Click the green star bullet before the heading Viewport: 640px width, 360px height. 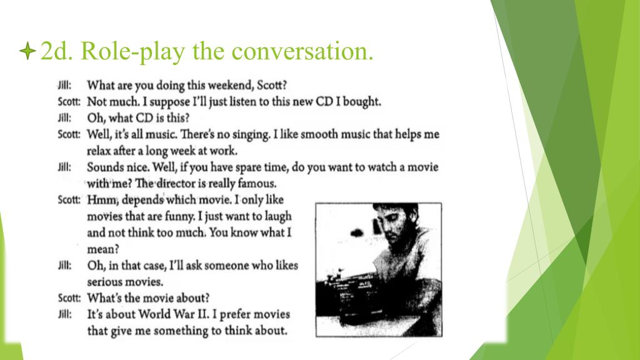[27, 51]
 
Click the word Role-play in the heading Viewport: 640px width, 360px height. [132, 51]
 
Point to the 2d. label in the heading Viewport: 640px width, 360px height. [57, 51]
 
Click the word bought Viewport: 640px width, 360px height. [362, 102]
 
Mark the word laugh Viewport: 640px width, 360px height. [278, 217]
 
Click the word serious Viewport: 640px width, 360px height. [104, 282]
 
